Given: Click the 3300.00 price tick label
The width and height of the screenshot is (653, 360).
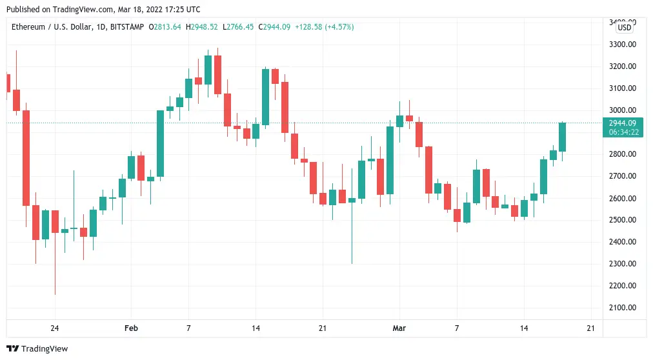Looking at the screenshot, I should (x=623, y=45).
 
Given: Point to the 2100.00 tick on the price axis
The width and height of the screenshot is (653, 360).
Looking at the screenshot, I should (x=623, y=308).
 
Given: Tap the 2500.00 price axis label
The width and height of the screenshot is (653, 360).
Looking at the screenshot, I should (x=623, y=220).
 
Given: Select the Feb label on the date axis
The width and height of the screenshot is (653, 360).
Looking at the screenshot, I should (x=131, y=328).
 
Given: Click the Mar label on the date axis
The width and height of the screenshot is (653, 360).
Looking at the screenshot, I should (x=399, y=328).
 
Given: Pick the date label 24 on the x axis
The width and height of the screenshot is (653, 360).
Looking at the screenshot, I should (x=55, y=328).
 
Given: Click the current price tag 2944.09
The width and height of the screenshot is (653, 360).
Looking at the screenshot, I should (x=623, y=123).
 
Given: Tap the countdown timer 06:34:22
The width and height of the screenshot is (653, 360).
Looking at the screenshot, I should (x=623, y=132).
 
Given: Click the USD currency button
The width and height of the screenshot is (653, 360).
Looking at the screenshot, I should (x=624, y=28).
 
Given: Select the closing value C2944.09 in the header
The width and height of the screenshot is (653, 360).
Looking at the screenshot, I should (x=274, y=27).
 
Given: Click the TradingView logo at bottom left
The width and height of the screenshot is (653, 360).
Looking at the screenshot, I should (x=37, y=348).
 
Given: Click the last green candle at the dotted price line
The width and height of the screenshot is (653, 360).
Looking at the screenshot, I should (x=563, y=137).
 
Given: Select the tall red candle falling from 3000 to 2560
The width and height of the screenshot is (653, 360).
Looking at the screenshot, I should (x=26, y=158).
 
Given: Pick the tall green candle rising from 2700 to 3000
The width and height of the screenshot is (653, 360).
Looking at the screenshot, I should (x=160, y=143).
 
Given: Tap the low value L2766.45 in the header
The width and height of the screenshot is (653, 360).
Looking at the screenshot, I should (x=239, y=27).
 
